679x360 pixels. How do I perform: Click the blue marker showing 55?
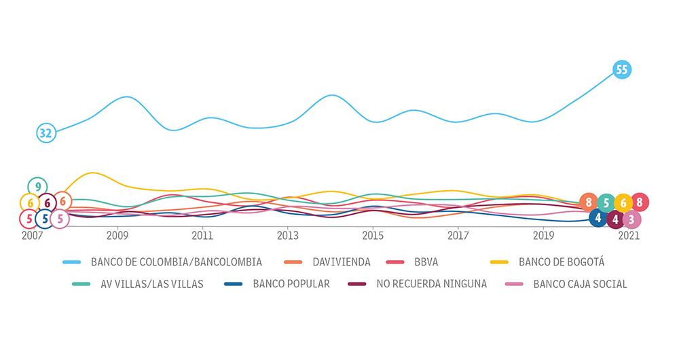621,69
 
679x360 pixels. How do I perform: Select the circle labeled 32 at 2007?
45,133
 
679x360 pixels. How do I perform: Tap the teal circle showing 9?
38,186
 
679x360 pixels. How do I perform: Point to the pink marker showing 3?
631,219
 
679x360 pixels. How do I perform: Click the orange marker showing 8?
589,202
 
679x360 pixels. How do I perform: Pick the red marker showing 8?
640,202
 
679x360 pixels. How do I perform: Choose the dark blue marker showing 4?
598,219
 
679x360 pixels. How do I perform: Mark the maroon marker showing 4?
615,219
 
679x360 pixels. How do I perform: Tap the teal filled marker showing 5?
606,202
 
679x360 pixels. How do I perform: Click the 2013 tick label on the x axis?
288,236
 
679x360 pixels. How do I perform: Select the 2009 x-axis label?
118,236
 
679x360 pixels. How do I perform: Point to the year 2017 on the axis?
458,236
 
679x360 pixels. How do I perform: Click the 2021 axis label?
628,236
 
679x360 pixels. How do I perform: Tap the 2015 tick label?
373,236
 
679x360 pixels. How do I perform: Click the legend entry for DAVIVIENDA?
341,262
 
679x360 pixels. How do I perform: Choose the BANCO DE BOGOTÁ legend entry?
561,262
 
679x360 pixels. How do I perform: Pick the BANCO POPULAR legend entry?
291,284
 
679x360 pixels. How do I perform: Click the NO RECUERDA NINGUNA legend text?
431,284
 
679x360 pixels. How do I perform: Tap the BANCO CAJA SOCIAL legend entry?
580,284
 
